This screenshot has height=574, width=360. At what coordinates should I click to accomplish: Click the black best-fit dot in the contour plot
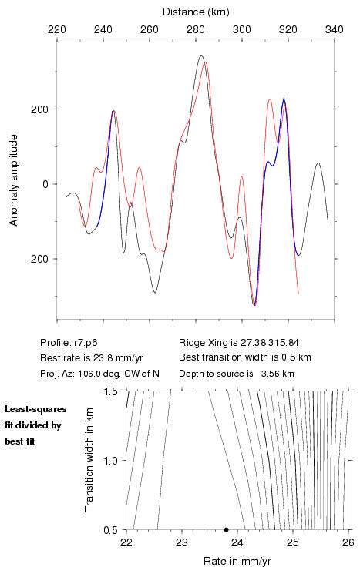click(x=227, y=529)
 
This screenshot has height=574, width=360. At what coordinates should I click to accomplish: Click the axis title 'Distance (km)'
click(x=196, y=12)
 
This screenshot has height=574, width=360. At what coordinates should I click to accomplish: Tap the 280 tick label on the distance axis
click(x=196, y=29)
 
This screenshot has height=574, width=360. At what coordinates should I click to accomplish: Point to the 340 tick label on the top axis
click(x=334, y=29)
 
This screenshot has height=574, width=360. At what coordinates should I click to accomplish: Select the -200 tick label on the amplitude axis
click(x=38, y=259)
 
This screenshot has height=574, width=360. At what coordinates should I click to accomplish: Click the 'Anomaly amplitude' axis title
click(x=14, y=180)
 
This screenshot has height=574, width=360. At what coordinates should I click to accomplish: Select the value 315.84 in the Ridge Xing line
click(x=284, y=343)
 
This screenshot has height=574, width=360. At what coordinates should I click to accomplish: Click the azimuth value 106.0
click(x=88, y=374)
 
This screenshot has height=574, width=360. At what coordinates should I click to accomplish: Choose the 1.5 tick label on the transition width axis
click(x=110, y=391)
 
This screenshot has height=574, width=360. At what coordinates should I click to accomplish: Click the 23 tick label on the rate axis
click(x=182, y=542)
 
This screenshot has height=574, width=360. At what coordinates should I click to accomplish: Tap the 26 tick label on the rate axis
click(x=348, y=542)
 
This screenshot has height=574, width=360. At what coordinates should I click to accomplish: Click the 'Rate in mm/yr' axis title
click(x=237, y=561)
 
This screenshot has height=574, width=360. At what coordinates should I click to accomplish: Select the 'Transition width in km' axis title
click(x=89, y=460)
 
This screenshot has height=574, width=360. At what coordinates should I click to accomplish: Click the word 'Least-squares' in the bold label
click(x=35, y=409)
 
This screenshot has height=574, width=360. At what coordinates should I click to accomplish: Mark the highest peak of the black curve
click(x=201, y=56)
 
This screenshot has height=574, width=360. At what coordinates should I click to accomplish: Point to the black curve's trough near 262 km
click(x=155, y=293)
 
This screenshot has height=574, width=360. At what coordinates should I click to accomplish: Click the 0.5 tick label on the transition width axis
click(x=110, y=530)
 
